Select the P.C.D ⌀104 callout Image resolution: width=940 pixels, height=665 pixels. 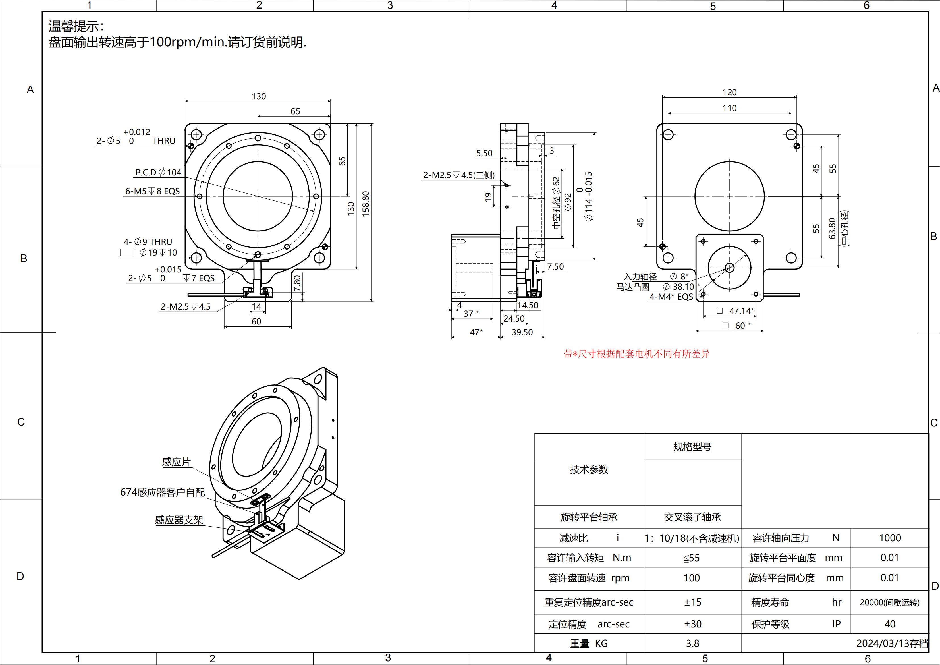[x=158, y=172]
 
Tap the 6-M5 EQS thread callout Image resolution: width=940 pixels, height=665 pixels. [x=152, y=191]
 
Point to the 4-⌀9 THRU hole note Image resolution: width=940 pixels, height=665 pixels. [x=148, y=242]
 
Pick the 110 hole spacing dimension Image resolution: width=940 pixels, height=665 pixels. [x=729, y=108]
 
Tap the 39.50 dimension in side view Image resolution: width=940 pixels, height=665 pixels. [x=522, y=332]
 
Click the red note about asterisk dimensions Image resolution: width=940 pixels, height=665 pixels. [x=637, y=354]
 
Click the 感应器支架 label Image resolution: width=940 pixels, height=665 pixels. [x=179, y=520]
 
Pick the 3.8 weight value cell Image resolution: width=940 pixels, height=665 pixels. [x=692, y=643]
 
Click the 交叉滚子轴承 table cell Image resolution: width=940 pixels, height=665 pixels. [x=692, y=517]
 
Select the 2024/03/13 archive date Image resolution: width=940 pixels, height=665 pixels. [x=892, y=643]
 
